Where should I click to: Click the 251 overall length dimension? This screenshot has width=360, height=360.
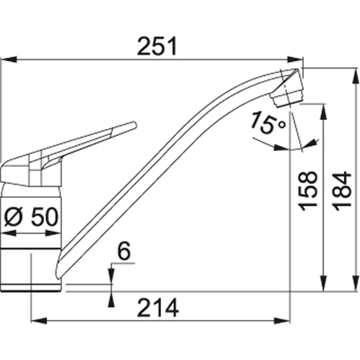(157, 47)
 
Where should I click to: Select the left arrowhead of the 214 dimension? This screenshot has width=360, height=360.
(39, 321)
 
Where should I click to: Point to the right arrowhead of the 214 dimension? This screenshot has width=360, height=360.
(283, 321)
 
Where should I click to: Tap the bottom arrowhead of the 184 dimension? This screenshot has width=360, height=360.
(356, 284)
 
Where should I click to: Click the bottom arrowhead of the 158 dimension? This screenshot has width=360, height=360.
(323, 284)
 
